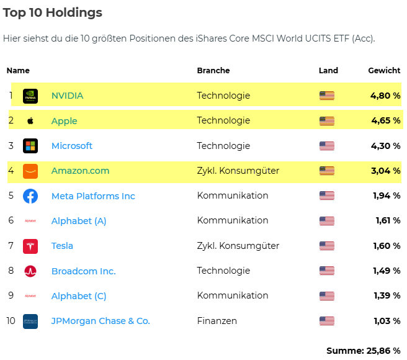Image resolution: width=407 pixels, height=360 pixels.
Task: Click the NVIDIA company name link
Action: (x=67, y=96)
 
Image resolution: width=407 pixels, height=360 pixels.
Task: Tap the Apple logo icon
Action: (x=30, y=121)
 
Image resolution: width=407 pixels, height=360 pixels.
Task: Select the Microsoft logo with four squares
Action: (x=30, y=146)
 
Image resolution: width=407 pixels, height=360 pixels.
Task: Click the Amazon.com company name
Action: (x=80, y=171)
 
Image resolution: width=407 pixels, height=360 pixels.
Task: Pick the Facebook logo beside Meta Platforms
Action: (x=30, y=196)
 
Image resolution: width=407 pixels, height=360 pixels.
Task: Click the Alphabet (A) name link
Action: (x=79, y=221)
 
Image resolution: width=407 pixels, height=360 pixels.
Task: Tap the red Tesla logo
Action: (x=30, y=246)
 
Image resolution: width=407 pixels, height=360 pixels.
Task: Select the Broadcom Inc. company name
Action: (x=83, y=271)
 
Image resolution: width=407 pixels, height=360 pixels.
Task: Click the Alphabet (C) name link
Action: (x=79, y=296)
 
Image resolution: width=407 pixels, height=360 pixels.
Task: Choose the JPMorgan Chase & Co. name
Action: (x=101, y=321)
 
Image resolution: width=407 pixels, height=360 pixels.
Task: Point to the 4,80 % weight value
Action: (x=385, y=96)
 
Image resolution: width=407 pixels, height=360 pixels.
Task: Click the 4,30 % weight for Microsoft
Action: (x=385, y=146)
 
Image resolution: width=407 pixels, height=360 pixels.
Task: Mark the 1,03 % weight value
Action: (x=388, y=321)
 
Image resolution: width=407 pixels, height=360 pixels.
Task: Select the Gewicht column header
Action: (x=384, y=71)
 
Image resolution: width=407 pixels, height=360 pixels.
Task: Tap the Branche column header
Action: (x=213, y=71)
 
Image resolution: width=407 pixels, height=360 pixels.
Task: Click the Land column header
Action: (x=328, y=71)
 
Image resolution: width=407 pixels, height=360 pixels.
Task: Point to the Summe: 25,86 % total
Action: (x=363, y=351)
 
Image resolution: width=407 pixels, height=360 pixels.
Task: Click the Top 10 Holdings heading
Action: (x=53, y=12)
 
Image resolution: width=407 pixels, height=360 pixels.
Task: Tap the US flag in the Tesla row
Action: (x=326, y=246)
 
